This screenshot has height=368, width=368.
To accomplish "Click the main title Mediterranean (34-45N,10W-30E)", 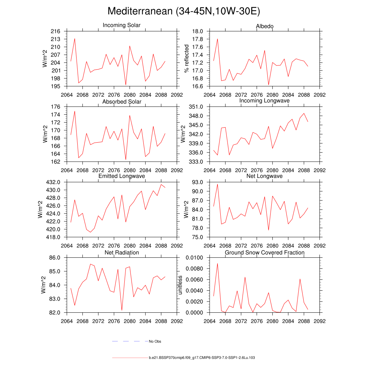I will click(x=184, y=11).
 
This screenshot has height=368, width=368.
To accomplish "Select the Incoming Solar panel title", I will click(x=121, y=25).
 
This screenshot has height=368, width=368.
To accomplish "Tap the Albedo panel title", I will click(x=264, y=27).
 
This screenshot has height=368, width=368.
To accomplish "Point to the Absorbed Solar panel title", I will click(x=122, y=102).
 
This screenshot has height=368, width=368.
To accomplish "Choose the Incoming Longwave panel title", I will click(x=264, y=101).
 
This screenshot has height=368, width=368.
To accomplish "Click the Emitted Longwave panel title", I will click(x=122, y=176).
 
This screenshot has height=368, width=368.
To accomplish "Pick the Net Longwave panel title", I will click(x=264, y=176).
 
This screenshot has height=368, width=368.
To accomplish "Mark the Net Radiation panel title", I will click(x=122, y=253).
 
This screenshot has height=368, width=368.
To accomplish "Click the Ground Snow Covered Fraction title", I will click(x=264, y=253).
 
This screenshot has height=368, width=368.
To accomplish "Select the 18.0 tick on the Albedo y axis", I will click(x=199, y=31).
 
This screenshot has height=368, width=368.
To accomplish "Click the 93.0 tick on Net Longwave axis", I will click(x=199, y=182).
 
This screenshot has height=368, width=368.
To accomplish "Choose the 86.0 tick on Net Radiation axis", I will click(x=56, y=258).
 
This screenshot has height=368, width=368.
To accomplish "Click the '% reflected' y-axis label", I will click(x=186, y=59).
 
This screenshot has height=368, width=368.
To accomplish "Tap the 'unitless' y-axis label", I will click(x=180, y=285).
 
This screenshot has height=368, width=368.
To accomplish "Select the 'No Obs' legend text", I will click(x=155, y=341).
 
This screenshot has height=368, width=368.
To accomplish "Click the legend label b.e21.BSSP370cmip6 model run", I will click(x=202, y=358).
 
